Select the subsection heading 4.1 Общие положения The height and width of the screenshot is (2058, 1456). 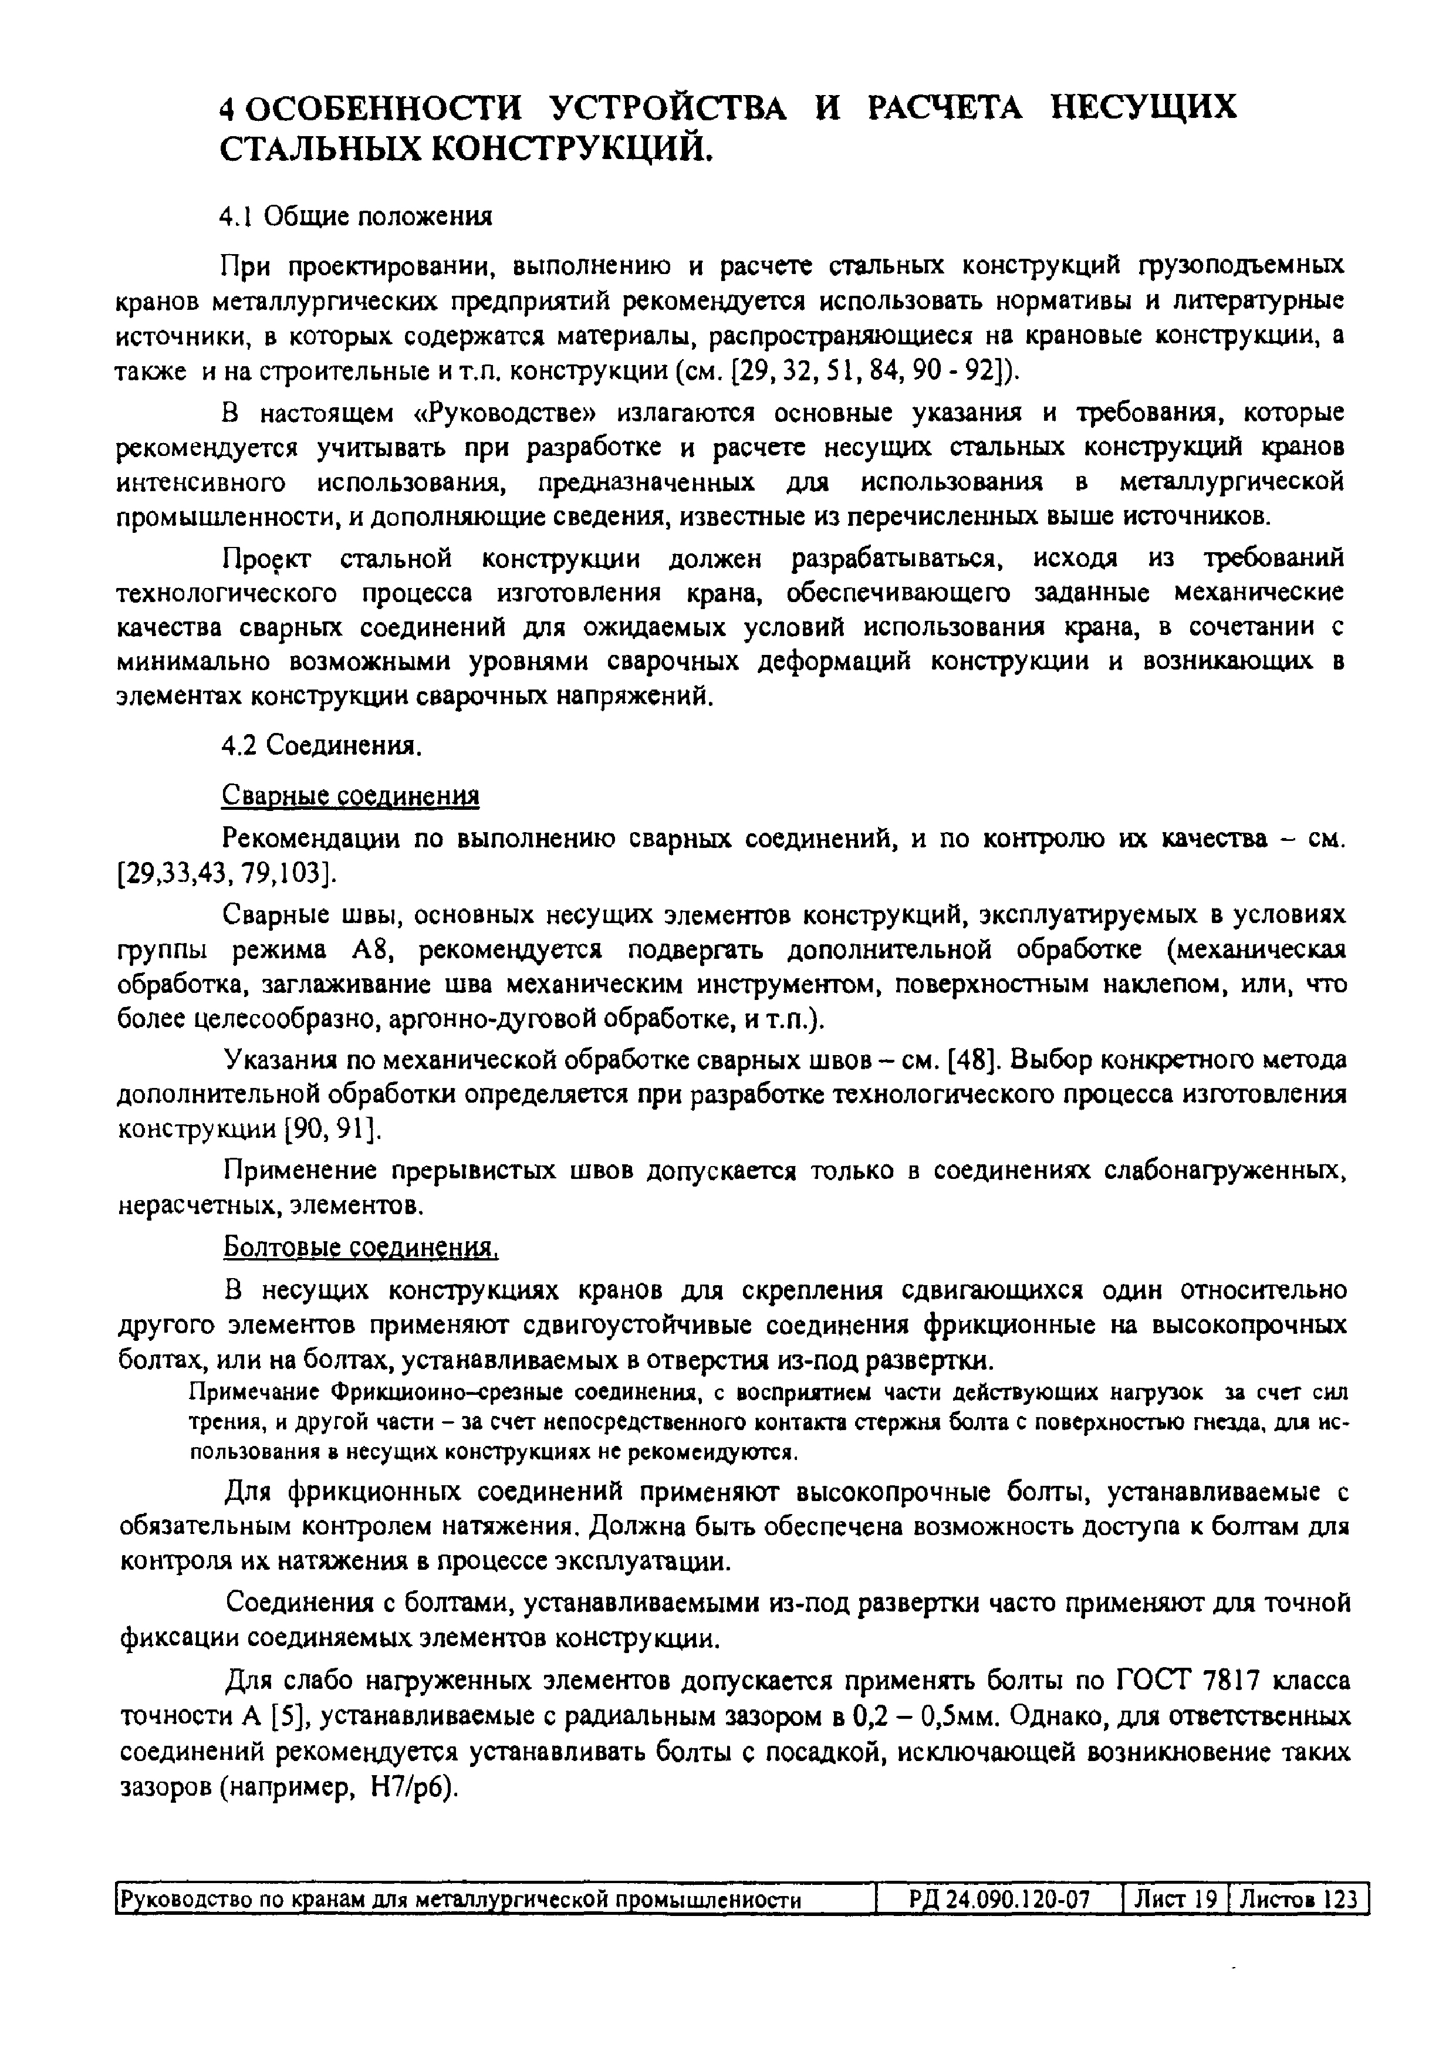point(357,217)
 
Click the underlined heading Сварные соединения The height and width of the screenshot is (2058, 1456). point(350,796)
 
